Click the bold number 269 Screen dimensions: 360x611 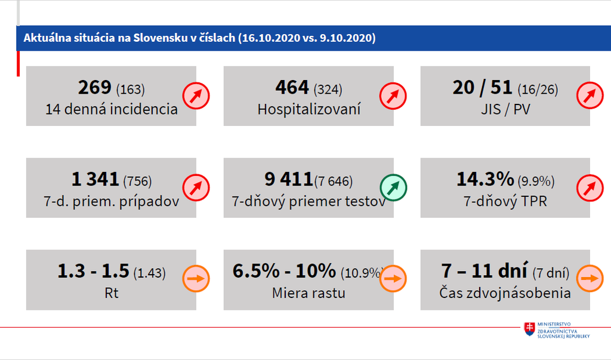tap(95, 88)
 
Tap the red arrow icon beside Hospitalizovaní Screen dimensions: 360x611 tap(393, 96)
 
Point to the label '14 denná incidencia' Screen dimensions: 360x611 tap(112, 109)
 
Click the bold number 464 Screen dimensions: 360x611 tap(292, 88)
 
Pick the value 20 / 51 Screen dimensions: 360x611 tap(482, 88)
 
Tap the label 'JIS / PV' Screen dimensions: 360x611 tap(505, 109)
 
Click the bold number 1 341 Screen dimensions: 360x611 tap(95, 179)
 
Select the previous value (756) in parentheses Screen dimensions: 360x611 tap(138, 181)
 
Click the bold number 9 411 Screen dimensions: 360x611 tap(289, 179)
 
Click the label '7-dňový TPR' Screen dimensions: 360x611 tap(505, 201)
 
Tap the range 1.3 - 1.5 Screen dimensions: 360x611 tap(93, 271)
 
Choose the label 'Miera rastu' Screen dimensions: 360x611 tap(308, 293)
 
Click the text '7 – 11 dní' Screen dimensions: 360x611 tap(484, 271)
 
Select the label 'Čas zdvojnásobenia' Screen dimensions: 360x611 tap(505, 293)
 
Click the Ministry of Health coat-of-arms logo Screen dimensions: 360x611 tap(529, 329)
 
